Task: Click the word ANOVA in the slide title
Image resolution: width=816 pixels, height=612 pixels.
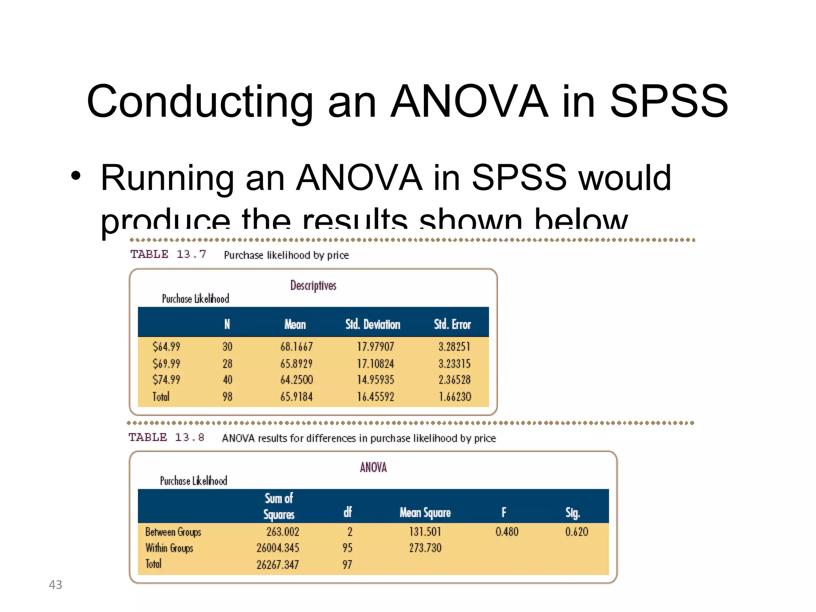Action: coord(469,102)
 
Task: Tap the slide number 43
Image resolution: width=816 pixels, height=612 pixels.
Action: coord(55,585)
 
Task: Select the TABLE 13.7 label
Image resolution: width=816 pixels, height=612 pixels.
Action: coord(168,254)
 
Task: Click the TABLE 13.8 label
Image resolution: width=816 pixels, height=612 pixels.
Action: coord(166,437)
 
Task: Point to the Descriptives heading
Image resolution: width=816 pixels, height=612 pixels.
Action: coord(313,285)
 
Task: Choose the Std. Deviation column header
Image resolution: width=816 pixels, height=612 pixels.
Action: coord(373,324)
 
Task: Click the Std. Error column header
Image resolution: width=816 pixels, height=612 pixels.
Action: coord(452,324)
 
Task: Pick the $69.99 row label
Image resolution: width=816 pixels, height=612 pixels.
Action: coord(166,363)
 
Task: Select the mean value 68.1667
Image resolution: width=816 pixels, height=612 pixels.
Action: coord(296,347)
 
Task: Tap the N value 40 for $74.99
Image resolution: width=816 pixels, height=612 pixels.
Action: coord(227,380)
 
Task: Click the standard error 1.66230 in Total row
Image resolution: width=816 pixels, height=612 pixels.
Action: coord(455,397)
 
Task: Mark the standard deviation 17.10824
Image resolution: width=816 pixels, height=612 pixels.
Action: coord(375,363)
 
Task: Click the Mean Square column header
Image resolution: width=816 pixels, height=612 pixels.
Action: coord(425,512)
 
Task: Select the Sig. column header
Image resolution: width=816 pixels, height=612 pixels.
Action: coord(573,512)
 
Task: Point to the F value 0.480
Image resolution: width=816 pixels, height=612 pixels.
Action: coord(507,532)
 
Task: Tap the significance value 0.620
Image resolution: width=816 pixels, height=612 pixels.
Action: coord(577,532)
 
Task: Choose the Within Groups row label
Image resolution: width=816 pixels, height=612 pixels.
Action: coord(169,548)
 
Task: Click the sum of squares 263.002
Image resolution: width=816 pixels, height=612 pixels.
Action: coord(282,532)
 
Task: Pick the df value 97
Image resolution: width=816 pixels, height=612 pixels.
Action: coord(347,565)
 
